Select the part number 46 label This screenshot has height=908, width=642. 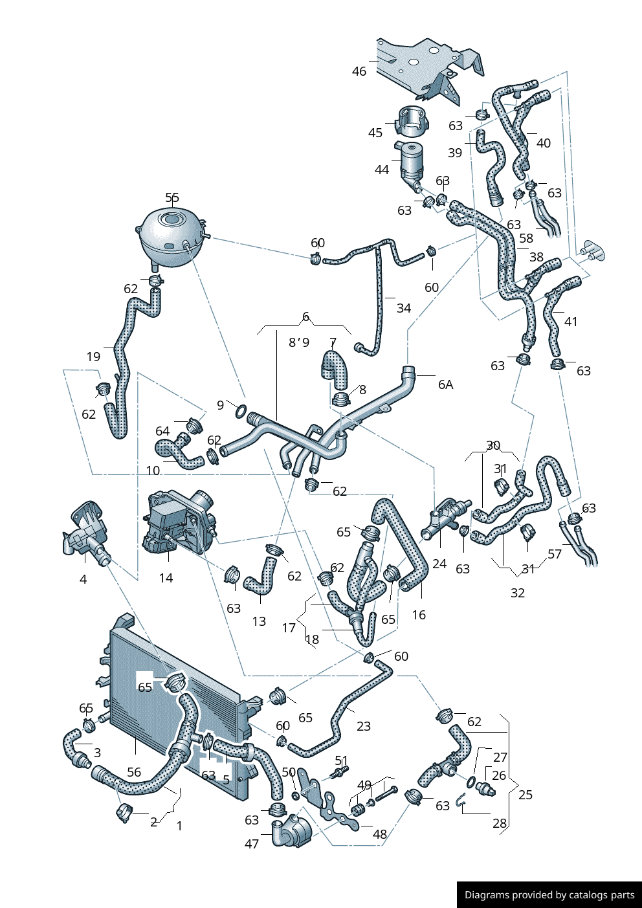tap(359, 71)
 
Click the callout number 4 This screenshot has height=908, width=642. tap(83, 579)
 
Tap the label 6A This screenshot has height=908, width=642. tap(445, 384)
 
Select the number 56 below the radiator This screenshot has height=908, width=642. tap(134, 772)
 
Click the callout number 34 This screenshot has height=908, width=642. tap(404, 308)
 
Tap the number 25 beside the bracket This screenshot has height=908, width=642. tap(526, 795)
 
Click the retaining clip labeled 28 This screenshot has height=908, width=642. tap(460, 802)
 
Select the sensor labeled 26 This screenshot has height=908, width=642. tap(484, 788)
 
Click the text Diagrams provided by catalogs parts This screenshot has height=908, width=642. tap(549, 895)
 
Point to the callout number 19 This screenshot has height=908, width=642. tap(93, 357)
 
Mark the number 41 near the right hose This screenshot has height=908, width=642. tap(571, 322)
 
